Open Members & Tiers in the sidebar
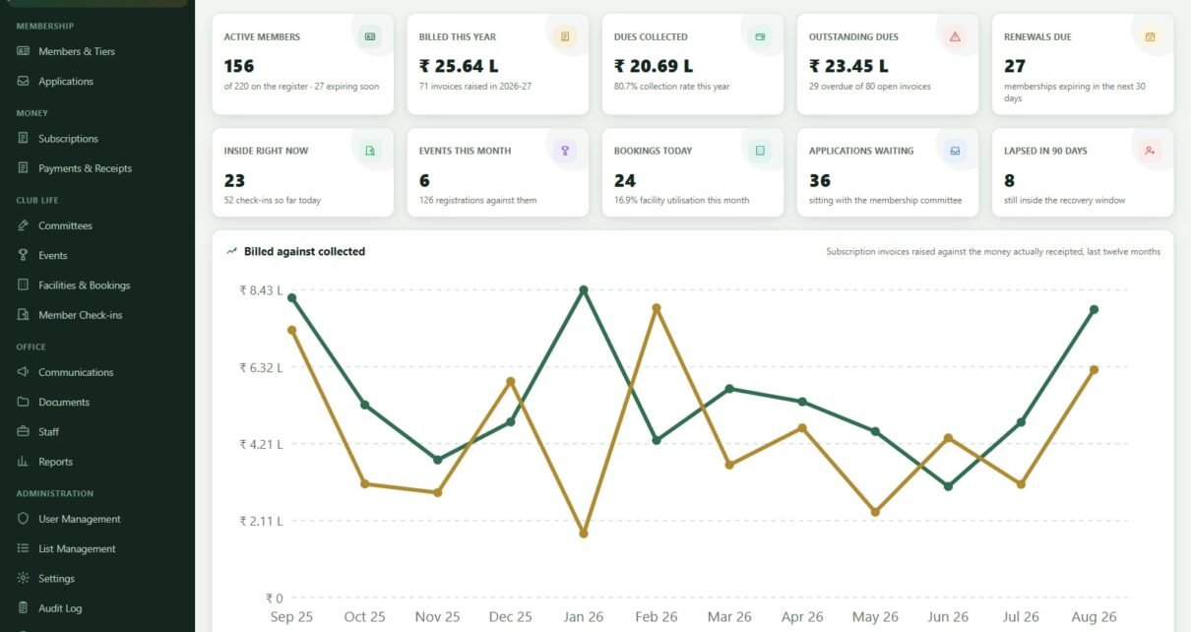click(77, 51)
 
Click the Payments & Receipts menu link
click(85, 168)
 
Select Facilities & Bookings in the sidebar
click(84, 285)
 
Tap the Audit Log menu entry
click(60, 608)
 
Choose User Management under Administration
click(79, 519)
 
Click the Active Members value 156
click(239, 66)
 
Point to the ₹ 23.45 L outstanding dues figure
click(848, 66)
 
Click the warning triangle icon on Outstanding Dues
click(955, 36)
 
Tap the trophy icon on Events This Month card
click(565, 151)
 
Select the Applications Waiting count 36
click(819, 180)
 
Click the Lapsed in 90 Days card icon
click(1150, 151)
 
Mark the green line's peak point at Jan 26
click(584, 290)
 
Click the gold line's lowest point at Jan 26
click(584, 533)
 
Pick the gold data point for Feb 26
click(657, 308)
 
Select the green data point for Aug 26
click(1094, 310)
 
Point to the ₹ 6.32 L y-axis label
click(261, 367)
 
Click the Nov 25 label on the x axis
click(437, 616)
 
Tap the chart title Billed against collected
click(305, 252)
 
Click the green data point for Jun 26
click(948, 486)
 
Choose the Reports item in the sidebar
click(55, 462)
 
